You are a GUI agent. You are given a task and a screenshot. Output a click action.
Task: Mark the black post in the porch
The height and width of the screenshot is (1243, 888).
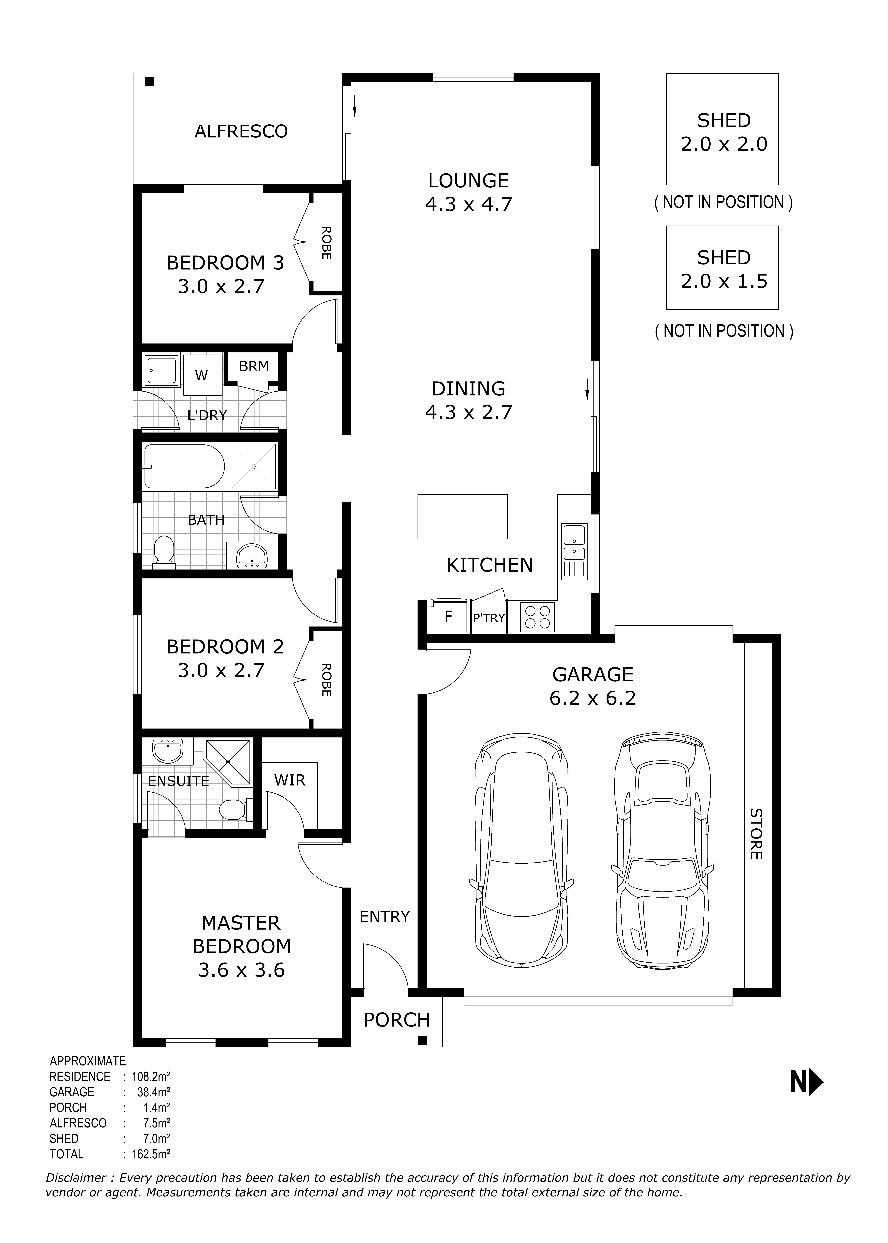[422, 1040]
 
